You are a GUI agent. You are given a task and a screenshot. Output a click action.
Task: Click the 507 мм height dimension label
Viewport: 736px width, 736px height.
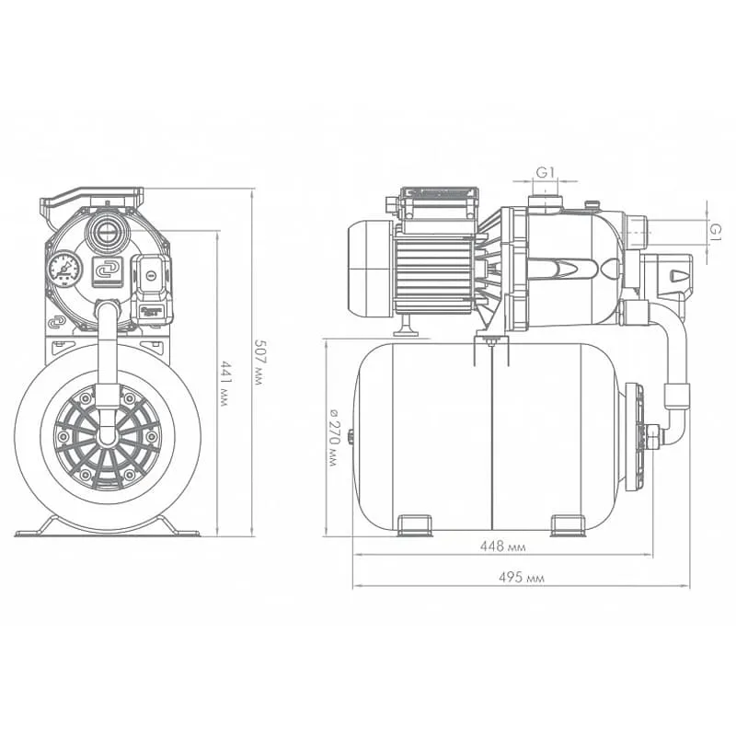pos(258,362)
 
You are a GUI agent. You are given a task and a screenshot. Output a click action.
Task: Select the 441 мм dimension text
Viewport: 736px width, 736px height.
pos(224,384)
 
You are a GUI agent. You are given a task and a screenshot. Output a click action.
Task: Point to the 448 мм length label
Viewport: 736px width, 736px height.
pos(502,546)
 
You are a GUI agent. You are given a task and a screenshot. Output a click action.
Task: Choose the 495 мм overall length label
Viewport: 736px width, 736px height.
pos(522,578)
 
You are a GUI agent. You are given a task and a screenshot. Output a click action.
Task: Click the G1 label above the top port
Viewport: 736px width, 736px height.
pos(546,172)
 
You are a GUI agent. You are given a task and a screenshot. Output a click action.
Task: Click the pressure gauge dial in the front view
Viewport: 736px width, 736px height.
pos(64,269)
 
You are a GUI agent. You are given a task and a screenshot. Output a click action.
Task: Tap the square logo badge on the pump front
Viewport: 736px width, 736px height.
pos(107,271)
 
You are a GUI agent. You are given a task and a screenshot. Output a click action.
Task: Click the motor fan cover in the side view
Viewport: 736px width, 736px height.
pos(370,269)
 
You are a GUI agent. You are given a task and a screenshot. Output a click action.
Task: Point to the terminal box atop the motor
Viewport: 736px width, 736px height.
pos(439,202)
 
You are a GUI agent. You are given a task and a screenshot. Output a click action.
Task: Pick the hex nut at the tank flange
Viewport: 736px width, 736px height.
pos(652,436)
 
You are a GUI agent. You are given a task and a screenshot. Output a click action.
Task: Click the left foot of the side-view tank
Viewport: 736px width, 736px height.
pos(415,525)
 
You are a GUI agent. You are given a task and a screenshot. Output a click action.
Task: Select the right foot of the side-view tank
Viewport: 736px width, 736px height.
pos(568,525)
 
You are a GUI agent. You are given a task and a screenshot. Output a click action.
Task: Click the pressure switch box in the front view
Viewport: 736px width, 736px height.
pos(152,289)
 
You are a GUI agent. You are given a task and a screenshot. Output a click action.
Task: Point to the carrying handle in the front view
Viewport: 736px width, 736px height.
pos(91,199)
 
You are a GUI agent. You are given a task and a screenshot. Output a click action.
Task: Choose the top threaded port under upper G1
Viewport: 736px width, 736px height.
pos(545,202)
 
